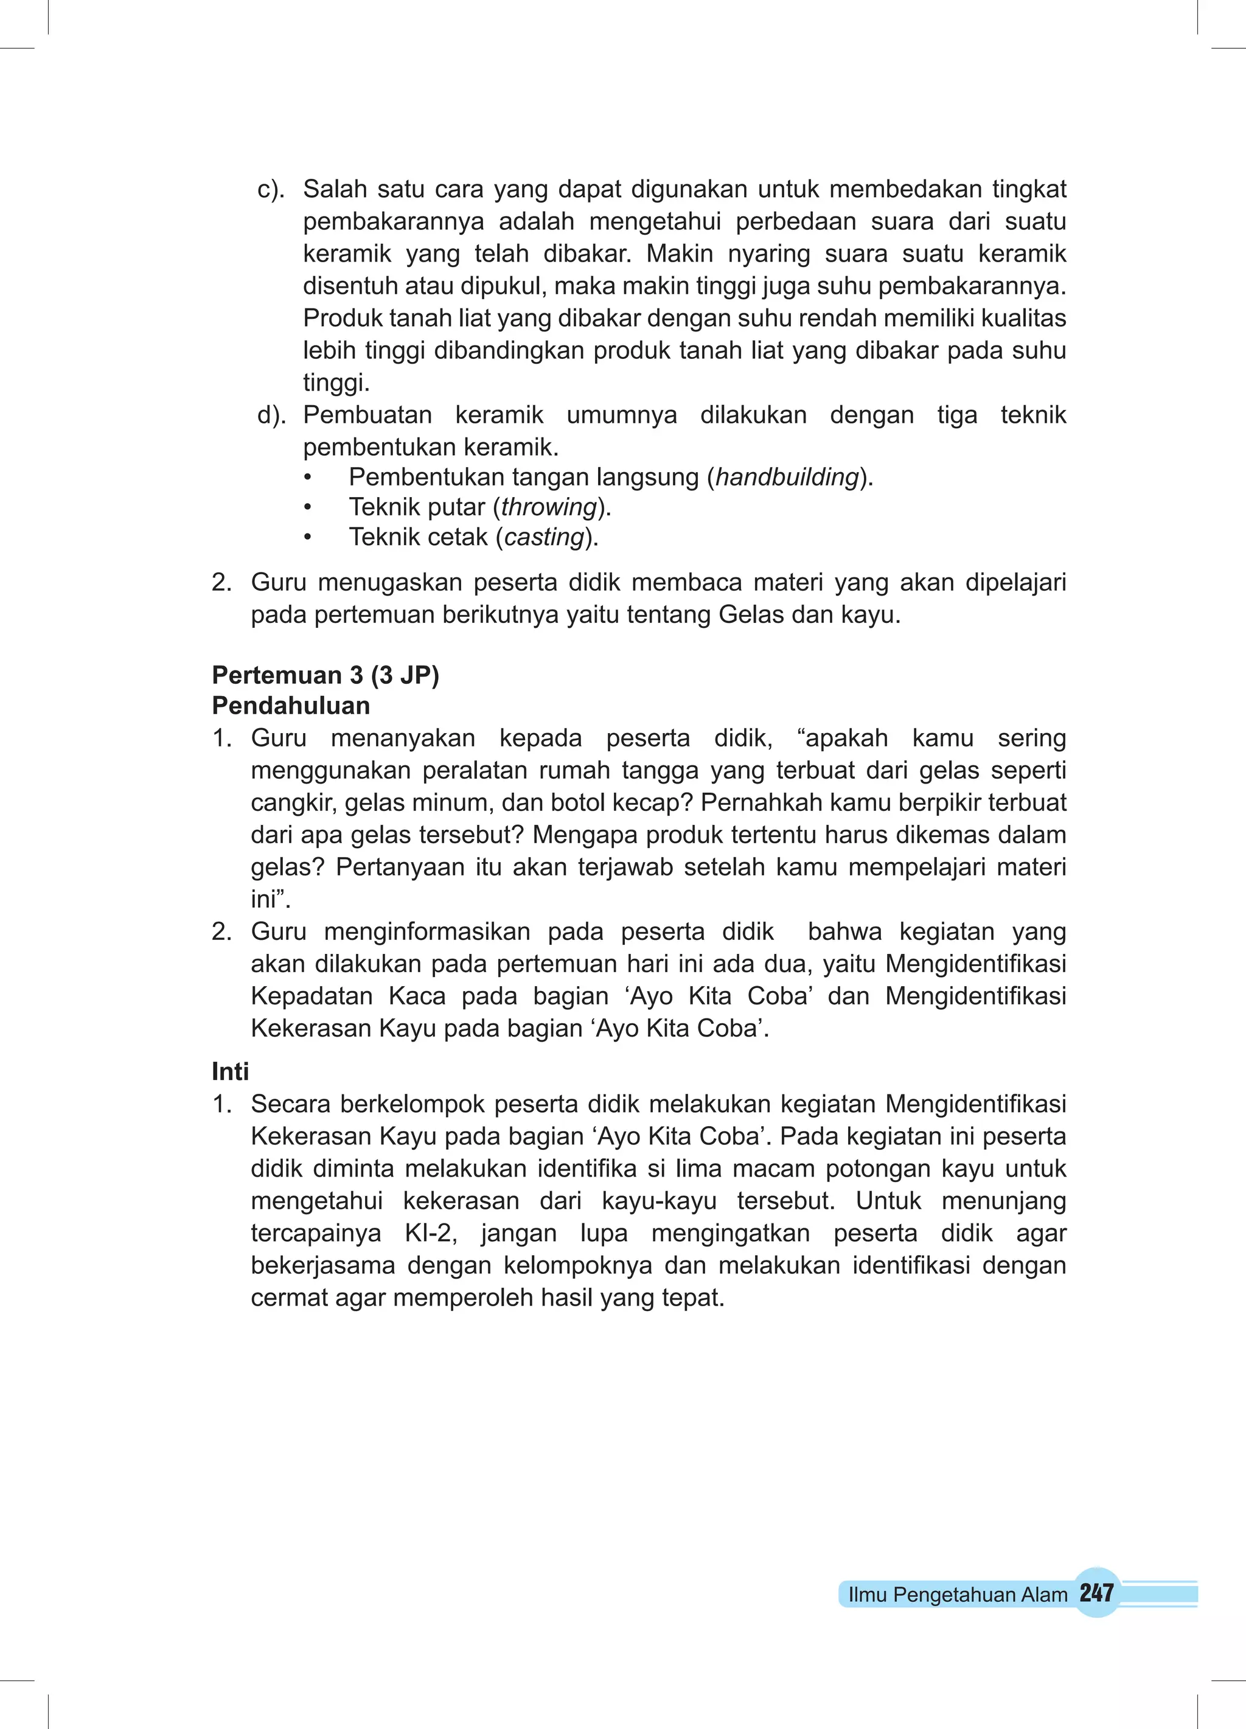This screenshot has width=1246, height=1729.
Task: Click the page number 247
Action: point(1096,1593)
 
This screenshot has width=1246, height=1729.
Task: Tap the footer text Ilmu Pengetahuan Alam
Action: point(957,1595)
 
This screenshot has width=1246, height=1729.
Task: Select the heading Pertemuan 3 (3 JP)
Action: point(325,675)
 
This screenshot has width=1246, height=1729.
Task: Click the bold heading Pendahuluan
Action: point(291,706)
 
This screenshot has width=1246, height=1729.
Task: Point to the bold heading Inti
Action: point(231,1071)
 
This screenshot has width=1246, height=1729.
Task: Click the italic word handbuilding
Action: point(787,477)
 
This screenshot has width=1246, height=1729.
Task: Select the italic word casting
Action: point(545,537)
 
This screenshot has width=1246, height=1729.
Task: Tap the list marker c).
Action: point(271,189)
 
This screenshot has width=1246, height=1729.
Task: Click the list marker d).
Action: point(271,415)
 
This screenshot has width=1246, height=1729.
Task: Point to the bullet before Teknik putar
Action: point(307,508)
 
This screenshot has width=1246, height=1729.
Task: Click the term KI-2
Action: point(431,1233)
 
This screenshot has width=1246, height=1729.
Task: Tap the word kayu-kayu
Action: point(659,1201)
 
